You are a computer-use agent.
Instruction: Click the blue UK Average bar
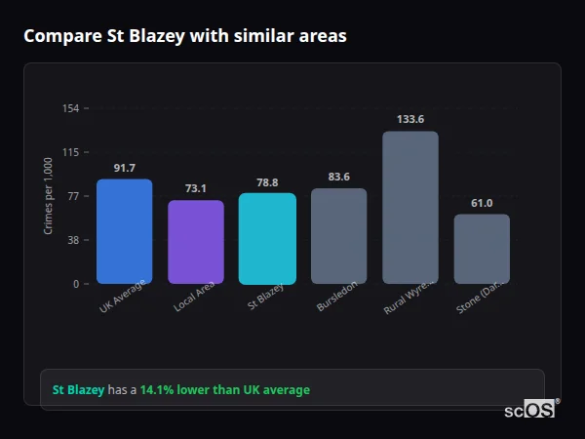(124, 231)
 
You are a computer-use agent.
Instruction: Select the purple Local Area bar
(196, 242)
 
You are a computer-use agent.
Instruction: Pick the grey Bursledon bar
(338, 236)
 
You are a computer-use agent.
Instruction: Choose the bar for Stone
(482, 249)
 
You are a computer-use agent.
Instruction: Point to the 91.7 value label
(124, 168)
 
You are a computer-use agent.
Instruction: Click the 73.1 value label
(196, 188)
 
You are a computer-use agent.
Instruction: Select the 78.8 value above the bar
(267, 182)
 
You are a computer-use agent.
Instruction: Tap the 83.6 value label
(338, 177)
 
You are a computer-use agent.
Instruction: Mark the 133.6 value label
(409, 119)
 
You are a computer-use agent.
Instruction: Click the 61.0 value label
(482, 203)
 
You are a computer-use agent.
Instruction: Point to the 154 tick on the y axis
(70, 108)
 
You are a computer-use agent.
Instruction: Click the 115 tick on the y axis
(70, 152)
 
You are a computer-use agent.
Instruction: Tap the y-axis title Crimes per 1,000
(48, 196)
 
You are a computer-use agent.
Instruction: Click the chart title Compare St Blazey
(184, 36)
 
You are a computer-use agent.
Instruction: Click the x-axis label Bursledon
(336, 299)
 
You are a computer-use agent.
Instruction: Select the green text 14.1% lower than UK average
(224, 390)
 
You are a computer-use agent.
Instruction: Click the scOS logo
(529, 410)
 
